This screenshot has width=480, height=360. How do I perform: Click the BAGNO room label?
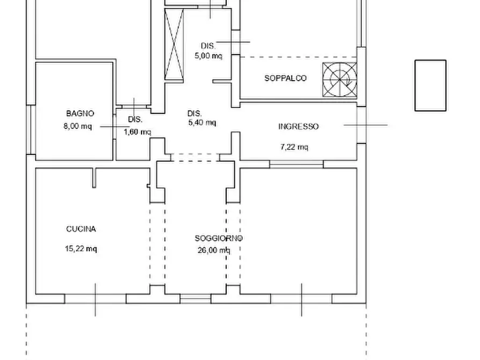(x=80, y=113)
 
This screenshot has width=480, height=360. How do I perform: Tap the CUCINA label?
(x=81, y=229)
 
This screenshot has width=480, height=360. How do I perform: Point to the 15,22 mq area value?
(x=81, y=249)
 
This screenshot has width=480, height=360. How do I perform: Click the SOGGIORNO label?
(x=218, y=238)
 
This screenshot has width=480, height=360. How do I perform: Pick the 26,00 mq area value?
(x=214, y=250)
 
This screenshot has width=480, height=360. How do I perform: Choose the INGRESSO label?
(x=298, y=127)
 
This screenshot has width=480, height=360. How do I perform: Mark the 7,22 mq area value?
(x=294, y=147)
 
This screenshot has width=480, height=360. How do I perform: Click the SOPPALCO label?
(x=285, y=78)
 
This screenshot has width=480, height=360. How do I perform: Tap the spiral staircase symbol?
(x=340, y=80)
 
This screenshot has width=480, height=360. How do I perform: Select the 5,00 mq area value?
(x=209, y=55)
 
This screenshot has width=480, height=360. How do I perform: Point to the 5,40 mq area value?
(x=202, y=123)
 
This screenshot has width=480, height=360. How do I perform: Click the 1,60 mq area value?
(x=137, y=132)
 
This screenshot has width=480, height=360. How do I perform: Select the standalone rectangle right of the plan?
(x=430, y=85)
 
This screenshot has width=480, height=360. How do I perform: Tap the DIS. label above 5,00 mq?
(x=208, y=46)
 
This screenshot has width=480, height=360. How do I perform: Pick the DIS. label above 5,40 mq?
(x=195, y=113)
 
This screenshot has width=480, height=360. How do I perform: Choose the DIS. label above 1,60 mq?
(x=135, y=119)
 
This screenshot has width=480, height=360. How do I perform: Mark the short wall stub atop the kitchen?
(x=95, y=177)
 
